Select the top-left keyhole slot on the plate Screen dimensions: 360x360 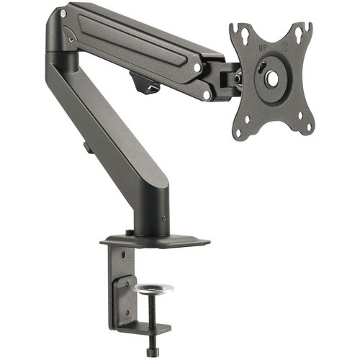[238, 32]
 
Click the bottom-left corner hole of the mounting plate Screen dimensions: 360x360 [240, 130]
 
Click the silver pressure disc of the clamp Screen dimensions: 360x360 [153, 289]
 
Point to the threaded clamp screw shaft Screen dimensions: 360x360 [153, 317]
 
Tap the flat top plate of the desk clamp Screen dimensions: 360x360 [155, 240]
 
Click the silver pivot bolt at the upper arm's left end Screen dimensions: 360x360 [64, 14]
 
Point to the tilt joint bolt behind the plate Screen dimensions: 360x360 [235, 75]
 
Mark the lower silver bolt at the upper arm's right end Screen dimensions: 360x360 [207, 94]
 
